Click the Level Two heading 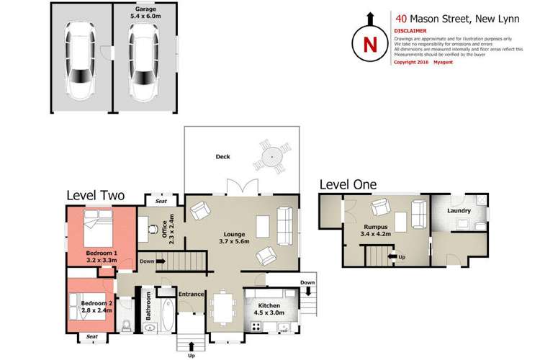pos(96,194)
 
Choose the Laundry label pos(459,211)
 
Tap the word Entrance pos(192,294)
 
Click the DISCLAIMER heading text pos(410,31)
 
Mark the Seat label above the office pos(161,201)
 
